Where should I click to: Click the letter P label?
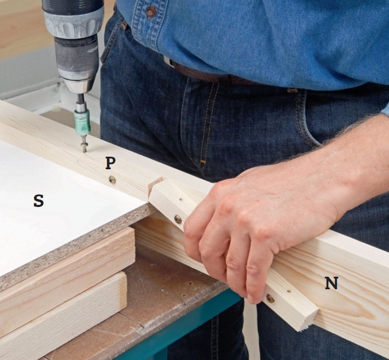tap(111, 162)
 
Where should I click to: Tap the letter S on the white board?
tap(39, 201)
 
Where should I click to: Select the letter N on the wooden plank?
tap(331, 283)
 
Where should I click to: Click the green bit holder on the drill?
tap(82, 122)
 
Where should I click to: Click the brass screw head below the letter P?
tap(112, 180)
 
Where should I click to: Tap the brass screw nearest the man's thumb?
tap(178, 219)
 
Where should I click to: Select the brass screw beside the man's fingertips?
tap(270, 299)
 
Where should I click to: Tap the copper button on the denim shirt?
tap(151, 11)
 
